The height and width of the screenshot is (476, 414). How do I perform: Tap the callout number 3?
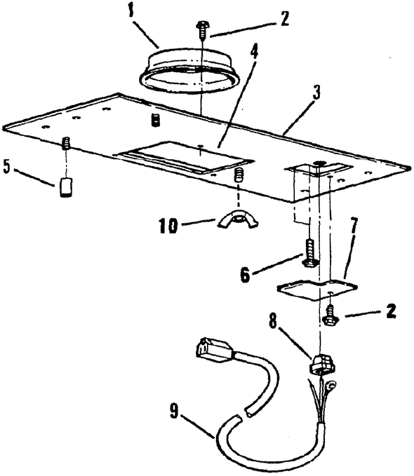pos(316,93)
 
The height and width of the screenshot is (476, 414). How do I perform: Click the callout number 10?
pos(168,226)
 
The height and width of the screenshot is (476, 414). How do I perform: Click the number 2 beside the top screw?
pos(284,19)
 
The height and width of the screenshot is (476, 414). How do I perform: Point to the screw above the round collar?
pos(202,29)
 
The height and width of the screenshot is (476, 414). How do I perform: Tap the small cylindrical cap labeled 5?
pos(65,188)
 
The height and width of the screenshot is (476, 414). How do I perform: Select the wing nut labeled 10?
pos(238,219)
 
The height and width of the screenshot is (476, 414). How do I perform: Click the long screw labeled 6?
pos(310,252)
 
